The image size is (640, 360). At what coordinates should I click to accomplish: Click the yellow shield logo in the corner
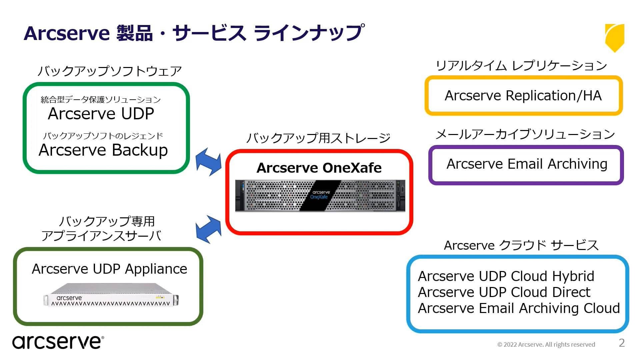tap(614, 37)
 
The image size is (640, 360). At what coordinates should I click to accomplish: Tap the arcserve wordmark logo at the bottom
tap(58, 342)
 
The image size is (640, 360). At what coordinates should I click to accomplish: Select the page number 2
tap(622, 343)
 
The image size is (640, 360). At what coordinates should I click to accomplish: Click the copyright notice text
tap(546, 345)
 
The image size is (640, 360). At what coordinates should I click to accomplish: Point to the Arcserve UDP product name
tap(101, 114)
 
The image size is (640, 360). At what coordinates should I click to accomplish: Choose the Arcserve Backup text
tap(103, 150)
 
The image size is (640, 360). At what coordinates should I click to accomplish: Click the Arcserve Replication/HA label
tap(523, 96)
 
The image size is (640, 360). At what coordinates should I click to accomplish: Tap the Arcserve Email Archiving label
tap(527, 164)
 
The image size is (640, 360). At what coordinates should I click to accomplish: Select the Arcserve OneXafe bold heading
tap(319, 168)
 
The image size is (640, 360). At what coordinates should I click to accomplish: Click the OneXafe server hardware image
tap(320, 196)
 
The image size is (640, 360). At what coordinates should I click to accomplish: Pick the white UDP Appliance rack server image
tap(111, 295)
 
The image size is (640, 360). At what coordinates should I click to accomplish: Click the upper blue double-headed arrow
tap(209, 162)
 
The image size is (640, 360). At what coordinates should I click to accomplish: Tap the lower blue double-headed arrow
tap(209, 229)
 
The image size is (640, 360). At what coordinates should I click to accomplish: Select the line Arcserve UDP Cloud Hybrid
tap(506, 276)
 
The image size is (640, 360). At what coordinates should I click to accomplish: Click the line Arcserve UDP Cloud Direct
tap(504, 292)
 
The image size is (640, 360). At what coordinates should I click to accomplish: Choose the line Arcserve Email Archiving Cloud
tap(519, 308)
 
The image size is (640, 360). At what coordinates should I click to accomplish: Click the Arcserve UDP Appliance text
tap(109, 269)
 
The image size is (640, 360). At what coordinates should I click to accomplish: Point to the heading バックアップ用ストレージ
tap(318, 138)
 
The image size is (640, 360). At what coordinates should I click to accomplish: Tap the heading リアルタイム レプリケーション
tap(521, 66)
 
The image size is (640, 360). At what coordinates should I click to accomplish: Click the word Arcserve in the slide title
tap(67, 33)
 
